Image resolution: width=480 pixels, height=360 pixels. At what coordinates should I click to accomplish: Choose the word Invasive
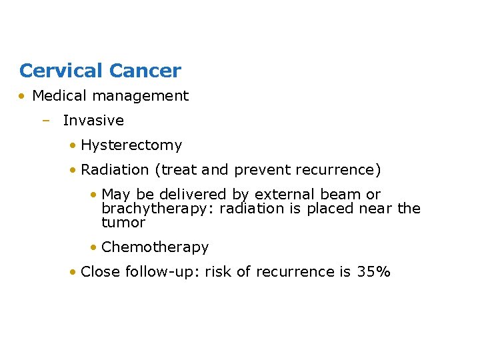pos(93,121)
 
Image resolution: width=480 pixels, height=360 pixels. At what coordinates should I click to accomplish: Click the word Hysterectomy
pos(131,145)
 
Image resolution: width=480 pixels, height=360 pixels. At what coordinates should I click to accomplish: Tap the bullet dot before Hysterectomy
pos(73,145)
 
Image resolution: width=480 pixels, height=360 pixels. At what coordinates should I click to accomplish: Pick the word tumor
pos(123,223)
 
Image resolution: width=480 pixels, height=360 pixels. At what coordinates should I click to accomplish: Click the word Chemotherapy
pos(155,247)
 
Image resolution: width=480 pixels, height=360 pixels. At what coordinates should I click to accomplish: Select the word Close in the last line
pos(98,272)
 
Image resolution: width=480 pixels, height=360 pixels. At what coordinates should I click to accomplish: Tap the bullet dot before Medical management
pos(23,96)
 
